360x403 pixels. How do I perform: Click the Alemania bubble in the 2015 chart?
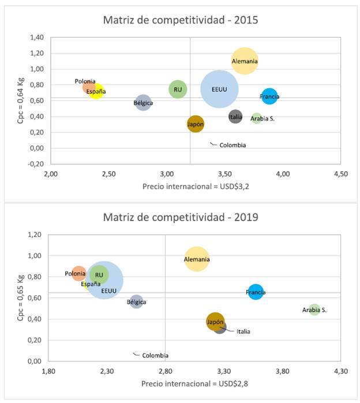click(x=245, y=61)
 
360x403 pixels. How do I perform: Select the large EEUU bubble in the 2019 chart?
click(x=104, y=281)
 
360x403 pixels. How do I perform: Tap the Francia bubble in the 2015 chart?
click(x=269, y=96)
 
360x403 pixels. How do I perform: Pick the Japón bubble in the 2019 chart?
click(x=215, y=322)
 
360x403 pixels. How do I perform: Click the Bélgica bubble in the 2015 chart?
click(x=143, y=103)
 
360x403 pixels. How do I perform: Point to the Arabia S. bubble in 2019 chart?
click(x=314, y=310)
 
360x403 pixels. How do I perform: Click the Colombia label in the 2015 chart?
click(x=232, y=145)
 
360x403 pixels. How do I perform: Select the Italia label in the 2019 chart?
click(x=243, y=332)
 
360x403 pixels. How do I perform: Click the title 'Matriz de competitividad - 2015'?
click(x=180, y=20)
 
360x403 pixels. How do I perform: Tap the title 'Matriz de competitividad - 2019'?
click(x=180, y=217)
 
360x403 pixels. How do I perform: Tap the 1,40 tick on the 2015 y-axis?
click(x=36, y=37)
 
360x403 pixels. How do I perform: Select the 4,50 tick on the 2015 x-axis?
click(x=340, y=174)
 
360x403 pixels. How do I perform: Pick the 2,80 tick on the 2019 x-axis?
click(x=166, y=371)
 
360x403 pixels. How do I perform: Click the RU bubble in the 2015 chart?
click(x=178, y=89)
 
